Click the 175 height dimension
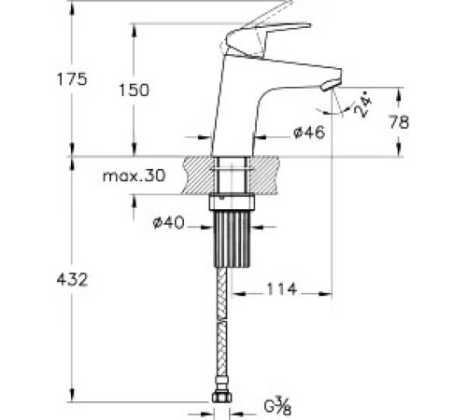(72, 79)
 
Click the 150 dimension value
(134, 91)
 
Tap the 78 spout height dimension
(399, 122)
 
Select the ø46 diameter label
(309, 133)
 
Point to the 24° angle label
(363, 106)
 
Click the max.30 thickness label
(134, 176)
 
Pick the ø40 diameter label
(169, 222)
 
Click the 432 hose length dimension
(72, 279)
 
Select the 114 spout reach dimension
(282, 289)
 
